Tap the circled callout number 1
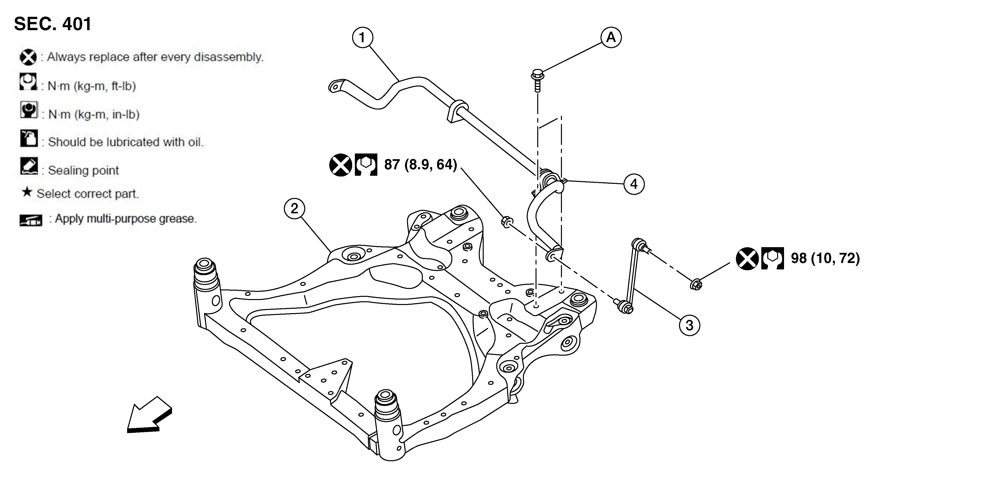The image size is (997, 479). (362, 38)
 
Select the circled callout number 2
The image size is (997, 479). (294, 209)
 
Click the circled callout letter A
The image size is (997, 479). (611, 38)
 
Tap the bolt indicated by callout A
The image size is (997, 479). (537, 80)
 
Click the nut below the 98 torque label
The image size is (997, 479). (696, 284)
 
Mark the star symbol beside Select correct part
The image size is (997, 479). (27, 192)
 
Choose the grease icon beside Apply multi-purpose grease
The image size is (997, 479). (31, 220)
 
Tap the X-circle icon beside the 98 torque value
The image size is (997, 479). (747, 259)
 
